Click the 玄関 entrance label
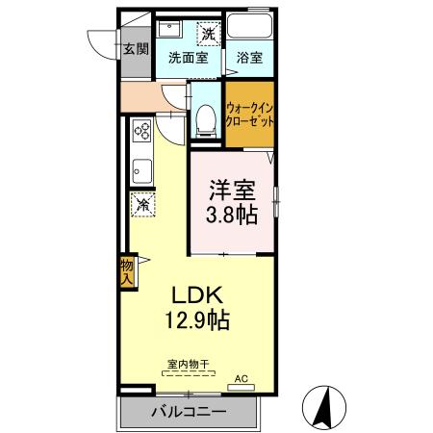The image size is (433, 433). point(136,49)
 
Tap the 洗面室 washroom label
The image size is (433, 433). point(189,58)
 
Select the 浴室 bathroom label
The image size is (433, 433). point(249,58)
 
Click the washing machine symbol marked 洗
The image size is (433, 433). point(209,33)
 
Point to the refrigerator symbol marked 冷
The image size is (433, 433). point(143,205)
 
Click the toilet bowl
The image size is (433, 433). point(206,121)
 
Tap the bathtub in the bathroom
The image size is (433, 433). point(249,25)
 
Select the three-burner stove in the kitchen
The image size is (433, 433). point(141,130)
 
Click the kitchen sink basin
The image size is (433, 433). point(142,171)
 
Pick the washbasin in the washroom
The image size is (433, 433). point(170,29)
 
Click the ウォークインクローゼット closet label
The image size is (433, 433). point(250,115)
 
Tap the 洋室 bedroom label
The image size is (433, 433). point(232,190)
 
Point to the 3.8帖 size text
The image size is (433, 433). point(232,215)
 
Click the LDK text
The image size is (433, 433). point(197,295)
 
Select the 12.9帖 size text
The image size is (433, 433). point(197,320)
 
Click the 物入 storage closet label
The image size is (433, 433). point(127,272)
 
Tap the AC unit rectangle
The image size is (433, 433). point(241,388)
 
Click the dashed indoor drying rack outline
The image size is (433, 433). point(189,373)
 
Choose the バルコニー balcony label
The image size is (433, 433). point(189,412)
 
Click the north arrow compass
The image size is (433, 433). point(324,407)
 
